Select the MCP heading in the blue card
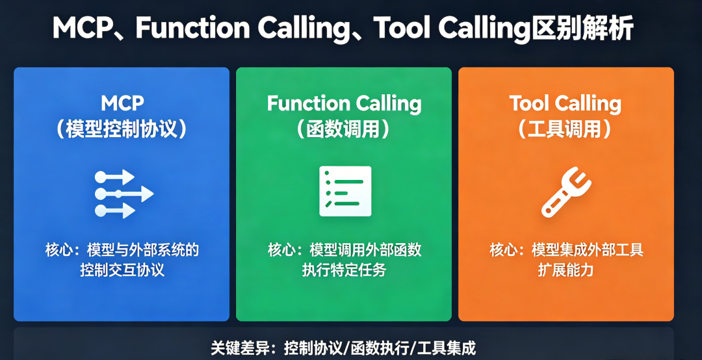[x=122, y=103]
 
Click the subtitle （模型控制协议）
[x=122, y=129]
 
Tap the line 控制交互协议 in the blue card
[x=122, y=270]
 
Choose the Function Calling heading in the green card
[x=344, y=103]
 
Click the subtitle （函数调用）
[x=344, y=129]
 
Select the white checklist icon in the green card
[x=345, y=191]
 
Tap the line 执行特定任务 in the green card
[x=344, y=270]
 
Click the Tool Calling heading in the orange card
[x=565, y=103]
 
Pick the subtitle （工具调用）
[x=565, y=129]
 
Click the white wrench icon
[x=565, y=192]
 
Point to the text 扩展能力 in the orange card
[x=565, y=270]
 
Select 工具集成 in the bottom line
[x=448, y=348]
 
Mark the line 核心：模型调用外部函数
[x=344, y=250]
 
